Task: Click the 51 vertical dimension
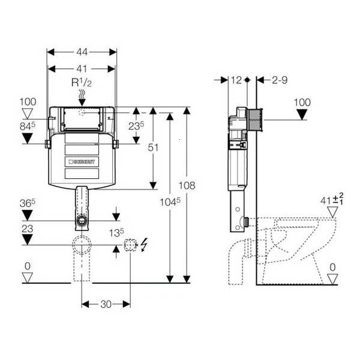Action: (x=154, y=148)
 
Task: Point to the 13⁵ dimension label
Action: (x=115, y=232)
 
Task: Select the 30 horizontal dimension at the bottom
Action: (x=106, y=304)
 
